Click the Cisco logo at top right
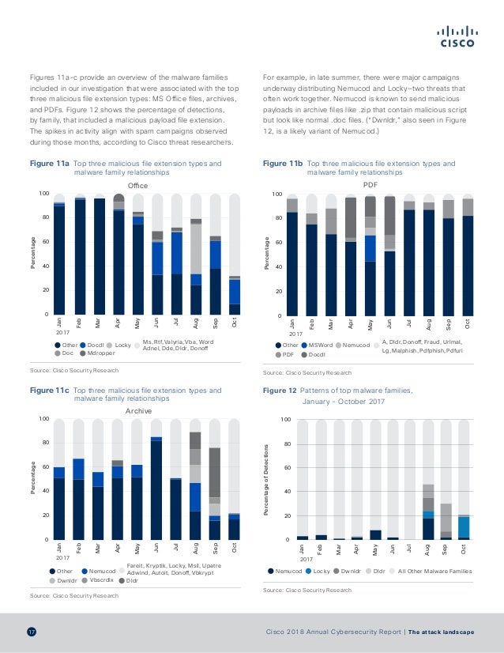click(456, 37)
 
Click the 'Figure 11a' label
click(49, 164)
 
